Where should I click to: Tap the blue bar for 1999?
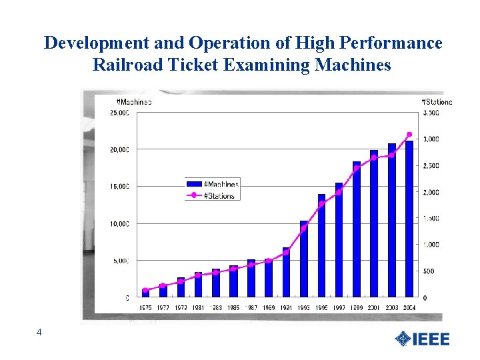point(357,229)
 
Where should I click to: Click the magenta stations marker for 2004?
point(409,134)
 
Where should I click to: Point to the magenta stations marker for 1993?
point(304,229)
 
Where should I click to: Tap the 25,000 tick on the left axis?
point(120,113)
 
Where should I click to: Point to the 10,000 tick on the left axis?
point(120,224)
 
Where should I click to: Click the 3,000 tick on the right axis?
point(431,139)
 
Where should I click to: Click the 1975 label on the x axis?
point(146,307)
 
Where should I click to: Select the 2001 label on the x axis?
point(374,307)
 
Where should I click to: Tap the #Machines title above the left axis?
point(134,102)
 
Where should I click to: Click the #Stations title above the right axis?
point(437,102)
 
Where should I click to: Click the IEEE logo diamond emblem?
point(403,339)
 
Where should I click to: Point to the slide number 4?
point(39,332)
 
